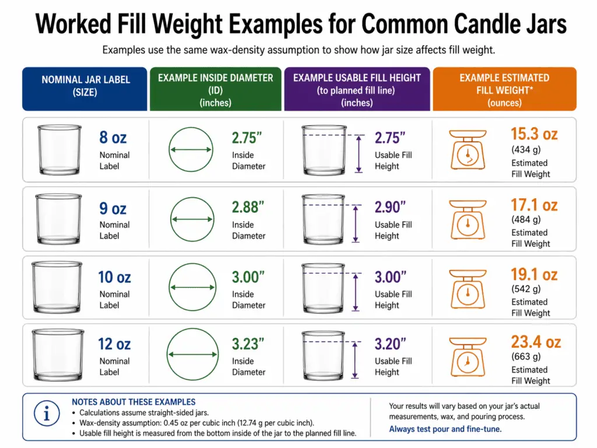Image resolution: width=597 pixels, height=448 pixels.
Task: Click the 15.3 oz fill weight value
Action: coord(534,134)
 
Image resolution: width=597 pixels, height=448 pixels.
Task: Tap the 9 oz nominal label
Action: coord(113,208)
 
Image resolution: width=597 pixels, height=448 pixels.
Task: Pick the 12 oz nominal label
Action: coord(114,344)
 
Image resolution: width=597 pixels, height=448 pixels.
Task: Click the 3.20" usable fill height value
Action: coord(390,344)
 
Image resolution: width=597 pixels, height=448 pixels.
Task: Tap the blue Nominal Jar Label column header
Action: coord(85,86)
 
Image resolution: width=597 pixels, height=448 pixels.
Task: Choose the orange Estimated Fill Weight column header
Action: coord(504,89)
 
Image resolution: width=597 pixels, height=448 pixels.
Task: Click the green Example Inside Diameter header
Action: coord(216,89)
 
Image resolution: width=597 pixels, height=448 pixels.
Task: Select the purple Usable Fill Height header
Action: coord(357,89)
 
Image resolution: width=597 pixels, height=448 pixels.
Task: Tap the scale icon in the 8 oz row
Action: coord(467,150)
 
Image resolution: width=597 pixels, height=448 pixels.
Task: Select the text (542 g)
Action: coord(526,289)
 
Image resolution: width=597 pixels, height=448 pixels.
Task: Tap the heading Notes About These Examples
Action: coord(134,402)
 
